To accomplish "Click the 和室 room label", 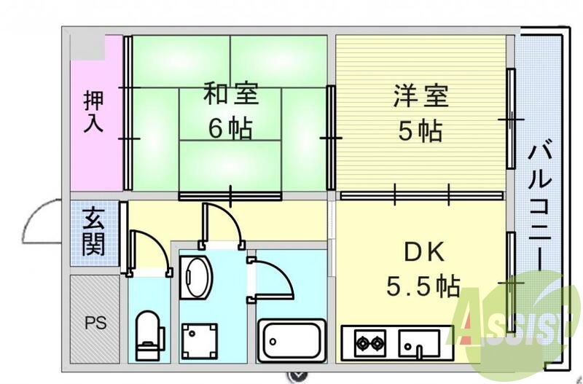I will click(230, 95).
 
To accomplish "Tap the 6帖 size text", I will click(230, 128).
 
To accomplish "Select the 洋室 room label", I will click(420, 95).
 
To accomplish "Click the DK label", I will click(424, 252).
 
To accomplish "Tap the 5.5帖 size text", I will click(423, 286).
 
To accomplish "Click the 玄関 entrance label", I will click(93, 232).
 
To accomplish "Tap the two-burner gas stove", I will click(369, 342).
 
